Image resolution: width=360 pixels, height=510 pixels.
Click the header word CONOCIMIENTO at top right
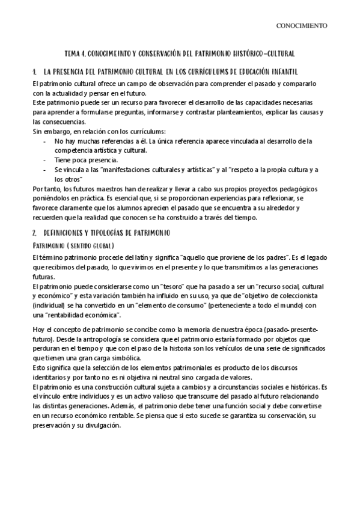(302, 26)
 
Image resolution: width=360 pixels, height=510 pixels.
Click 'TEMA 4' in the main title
(76, 53)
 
